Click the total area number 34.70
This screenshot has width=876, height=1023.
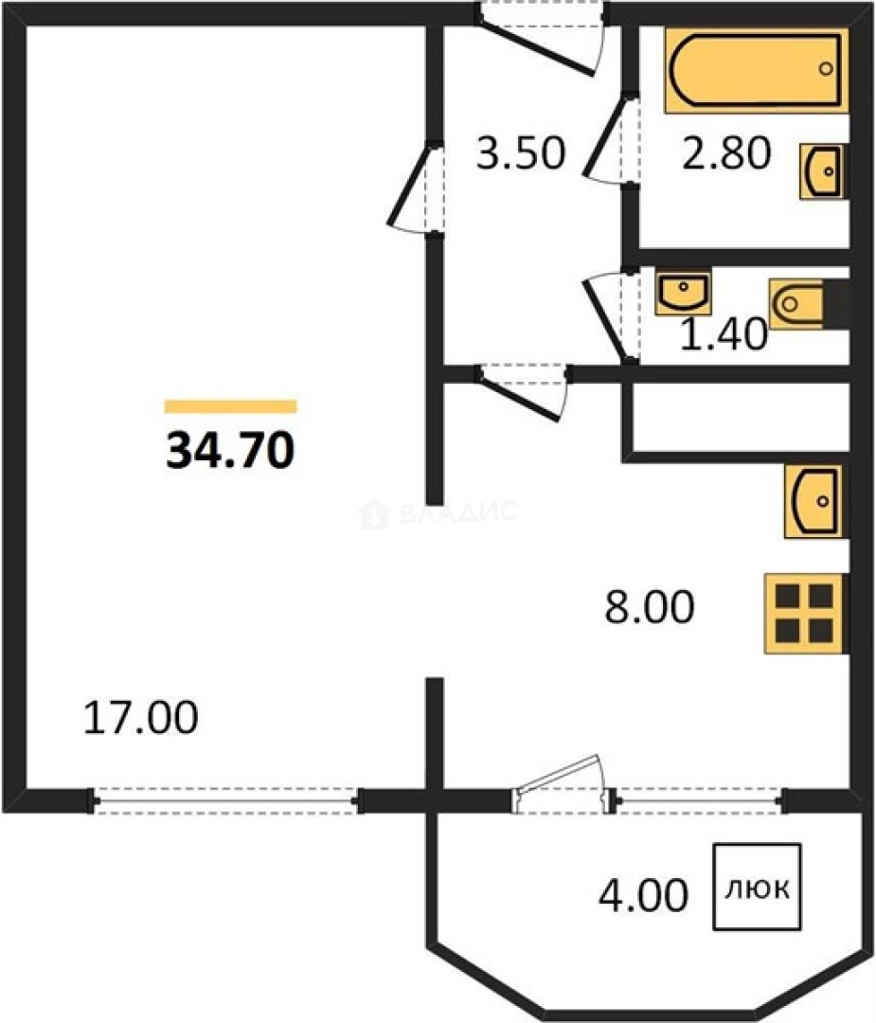tap(230, 451)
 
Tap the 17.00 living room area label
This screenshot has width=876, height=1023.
tap(141, 717)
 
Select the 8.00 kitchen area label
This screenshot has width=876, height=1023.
tap(650, 607)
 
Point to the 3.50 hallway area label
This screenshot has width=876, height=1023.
tap(521, 154)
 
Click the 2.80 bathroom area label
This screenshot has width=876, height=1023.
tap(726, 154)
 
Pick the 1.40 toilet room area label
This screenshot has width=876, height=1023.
tap(724, 335)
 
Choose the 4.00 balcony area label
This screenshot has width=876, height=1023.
tap(643, 894)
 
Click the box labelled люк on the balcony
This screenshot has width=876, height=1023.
tap(758, 888)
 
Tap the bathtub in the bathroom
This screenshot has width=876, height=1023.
tap(757, 70)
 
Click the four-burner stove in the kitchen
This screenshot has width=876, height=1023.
tap(806, 613)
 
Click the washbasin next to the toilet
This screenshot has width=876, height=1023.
tap(683, 293)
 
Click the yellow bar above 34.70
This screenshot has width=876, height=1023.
tap(231, 406)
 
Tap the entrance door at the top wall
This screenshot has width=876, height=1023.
tap(539, 39)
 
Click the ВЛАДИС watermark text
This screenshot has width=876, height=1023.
tap(438, 512)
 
